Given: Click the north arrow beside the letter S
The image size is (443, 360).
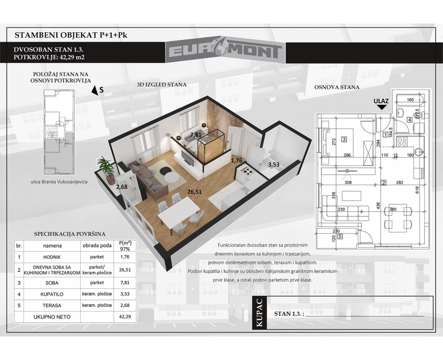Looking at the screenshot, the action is (x=94, y=90).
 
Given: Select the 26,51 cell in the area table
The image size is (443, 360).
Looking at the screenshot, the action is (x=125, y=270).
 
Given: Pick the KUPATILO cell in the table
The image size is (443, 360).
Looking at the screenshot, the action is (x=52, y=294).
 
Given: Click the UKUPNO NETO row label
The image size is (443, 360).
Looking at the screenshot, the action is (x=52, y=317).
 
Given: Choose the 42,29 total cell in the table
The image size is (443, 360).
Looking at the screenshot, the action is (x=125, y=317).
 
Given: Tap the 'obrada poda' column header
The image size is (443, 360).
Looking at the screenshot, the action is (x=97, y=246).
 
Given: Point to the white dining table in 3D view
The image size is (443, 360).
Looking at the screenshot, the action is (x=179, y=212).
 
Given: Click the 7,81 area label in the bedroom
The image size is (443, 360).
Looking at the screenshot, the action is (x=196, y=135).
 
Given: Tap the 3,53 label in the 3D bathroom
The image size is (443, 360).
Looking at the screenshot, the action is (x=274, y=164).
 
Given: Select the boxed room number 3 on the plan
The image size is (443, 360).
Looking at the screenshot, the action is (x=344, y=139).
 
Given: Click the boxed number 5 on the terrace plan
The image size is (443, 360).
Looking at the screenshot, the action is (x=340, y=236).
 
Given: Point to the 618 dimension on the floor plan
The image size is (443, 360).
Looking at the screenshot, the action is (x=417, y=190).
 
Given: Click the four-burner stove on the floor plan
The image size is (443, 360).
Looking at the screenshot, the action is (x=402, y=141).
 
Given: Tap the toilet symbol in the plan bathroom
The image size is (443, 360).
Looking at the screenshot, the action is (x=418, y=115).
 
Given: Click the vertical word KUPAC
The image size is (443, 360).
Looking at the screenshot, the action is (x=259, y=313).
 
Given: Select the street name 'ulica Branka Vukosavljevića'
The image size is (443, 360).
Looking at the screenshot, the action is (x=59, y=182).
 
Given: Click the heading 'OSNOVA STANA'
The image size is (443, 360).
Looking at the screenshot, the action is (x=337, y=87).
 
